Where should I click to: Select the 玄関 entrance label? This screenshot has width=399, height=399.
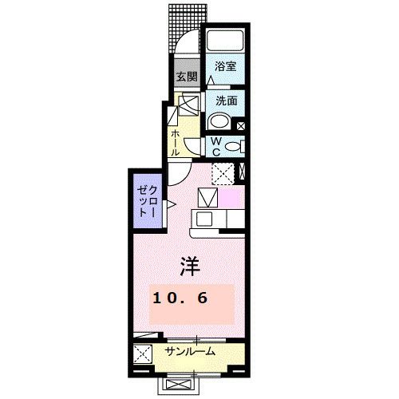click(186, 78)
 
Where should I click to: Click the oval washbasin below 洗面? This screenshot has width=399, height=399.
click(219, 122)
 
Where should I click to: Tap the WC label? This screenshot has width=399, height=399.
click(215, 146)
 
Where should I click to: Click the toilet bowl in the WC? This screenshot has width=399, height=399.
click(232, 146)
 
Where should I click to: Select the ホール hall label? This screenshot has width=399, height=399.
click(175, 143)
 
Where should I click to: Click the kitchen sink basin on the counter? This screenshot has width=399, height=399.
click(204, 219)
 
